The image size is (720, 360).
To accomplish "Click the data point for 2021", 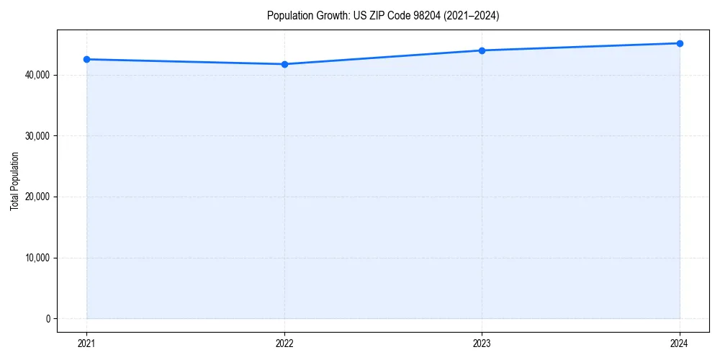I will click(x=86, y=59).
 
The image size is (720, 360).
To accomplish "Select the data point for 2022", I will click(x=284, y=64).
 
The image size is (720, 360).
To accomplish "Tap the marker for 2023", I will click(x=482, y=50).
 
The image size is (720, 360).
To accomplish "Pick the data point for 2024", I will click(x=680, y=43).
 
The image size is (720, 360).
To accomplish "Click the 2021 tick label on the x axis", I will click(x=86, y=343).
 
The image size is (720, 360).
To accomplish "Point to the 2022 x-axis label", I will click(x=284, y=343).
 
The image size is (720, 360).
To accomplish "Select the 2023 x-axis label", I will click(x=482, y=343).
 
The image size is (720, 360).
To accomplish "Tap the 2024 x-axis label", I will click(x=680, y=343).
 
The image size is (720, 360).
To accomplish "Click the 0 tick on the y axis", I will click(x=48, y=319).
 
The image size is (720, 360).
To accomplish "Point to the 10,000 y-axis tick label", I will click(x=37, y=258).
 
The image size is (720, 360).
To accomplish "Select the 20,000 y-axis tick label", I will click(x=37, y=197).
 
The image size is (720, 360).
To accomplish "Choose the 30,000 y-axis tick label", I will click(x=37, y=136).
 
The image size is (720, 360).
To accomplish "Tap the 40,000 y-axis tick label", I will click(x=37, y=75).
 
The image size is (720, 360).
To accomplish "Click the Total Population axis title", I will click(x=14, y=181).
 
